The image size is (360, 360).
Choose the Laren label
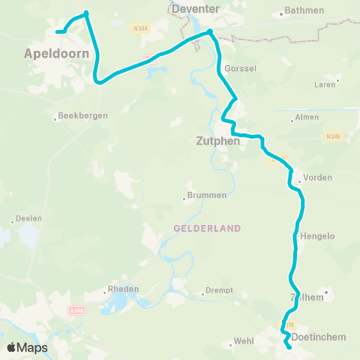pyautogui.click(x=325, y=85)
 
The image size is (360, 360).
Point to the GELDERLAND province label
pyautogui.click(x=207, y=228)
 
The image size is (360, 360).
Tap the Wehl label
pyautogui.click(x=244, y=340)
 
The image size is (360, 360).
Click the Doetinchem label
pyautogui.click(x=318, y=337)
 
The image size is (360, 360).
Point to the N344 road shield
pyautogui.click(x=139, y=29)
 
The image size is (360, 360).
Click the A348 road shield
pyautogui.click(x=76, y=310)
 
